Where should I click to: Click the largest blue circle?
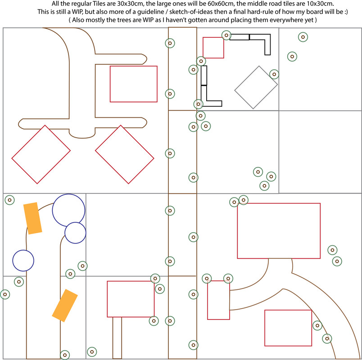coord(68,210)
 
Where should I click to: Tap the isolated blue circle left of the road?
coord(23,261)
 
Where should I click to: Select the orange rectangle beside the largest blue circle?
coord(32,218)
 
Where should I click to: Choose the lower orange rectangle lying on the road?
coord(65,305)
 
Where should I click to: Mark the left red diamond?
coord(41,154)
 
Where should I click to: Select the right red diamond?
coord(125,154)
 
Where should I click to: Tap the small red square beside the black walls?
coord(213,48)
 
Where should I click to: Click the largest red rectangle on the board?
coord(279,231)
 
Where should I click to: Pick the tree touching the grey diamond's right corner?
coord(274,74)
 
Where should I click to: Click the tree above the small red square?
coord(226,35)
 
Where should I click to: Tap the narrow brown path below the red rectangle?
coord(117,337)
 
